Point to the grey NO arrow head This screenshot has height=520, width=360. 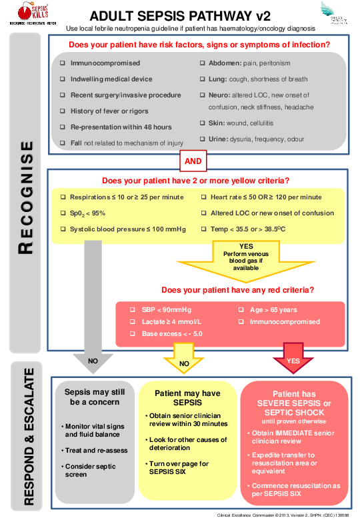[93, 361]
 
